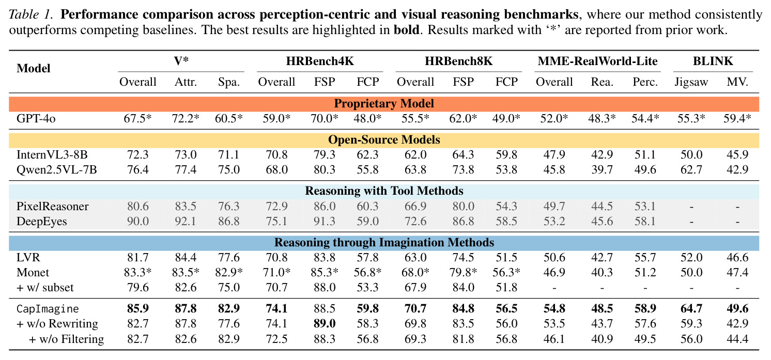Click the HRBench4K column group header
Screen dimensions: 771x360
(x=320, y=61)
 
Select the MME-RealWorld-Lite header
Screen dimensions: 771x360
(x=597, y=61)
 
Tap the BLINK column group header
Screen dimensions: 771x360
(x=713, y=61)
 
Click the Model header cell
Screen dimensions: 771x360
(x=34, y=68)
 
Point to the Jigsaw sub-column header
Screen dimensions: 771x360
(x=691, y=82)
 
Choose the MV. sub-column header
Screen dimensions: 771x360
(x=737, y=82)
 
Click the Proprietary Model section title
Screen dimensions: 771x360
(x=384, y=104)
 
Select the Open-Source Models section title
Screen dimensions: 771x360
(x=384, y=139)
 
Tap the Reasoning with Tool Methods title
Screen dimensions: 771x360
(x=384, y=191)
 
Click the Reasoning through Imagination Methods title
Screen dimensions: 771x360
(x=384, y=242)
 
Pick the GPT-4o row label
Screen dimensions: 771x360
(x=36, y=118)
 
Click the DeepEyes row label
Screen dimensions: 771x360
(x=42, y=221)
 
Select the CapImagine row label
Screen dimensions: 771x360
(x=48, y=309)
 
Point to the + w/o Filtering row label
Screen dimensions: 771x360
(x=67, y=339)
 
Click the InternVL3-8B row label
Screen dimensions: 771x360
(x=52, y=154)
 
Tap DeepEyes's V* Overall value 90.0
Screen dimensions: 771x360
(x=137, y=221)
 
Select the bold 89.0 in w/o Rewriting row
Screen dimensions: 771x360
(x=325, y=323)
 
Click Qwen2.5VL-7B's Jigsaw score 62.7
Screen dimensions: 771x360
(x=691, y=170)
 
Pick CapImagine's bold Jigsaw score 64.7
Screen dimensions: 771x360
(x=691, y=308)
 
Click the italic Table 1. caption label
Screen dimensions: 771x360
(x=31, y=14)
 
